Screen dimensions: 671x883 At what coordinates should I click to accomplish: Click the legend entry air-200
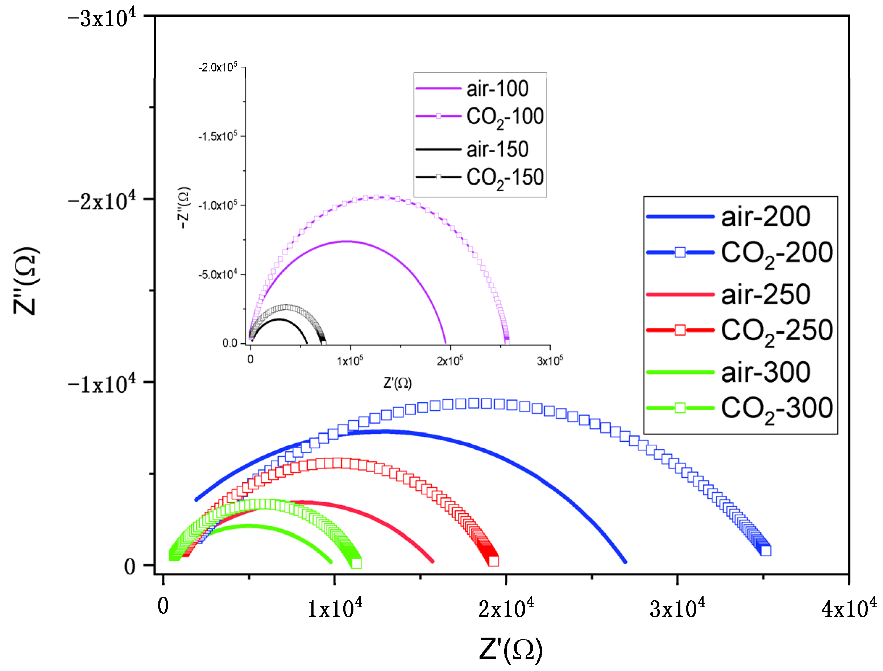pyautogui.click(x=765, y=217)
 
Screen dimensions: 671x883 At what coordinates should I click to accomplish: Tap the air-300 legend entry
pyautogui.click(x=765, y=372)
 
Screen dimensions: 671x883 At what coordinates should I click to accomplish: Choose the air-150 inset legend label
pyautogui.click(x=497, y=149)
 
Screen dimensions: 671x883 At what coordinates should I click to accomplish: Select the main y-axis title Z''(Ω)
pyautogui.click(x=26, y=280)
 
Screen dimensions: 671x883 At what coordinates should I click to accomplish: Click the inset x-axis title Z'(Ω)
pyautogui.click(x=397, y=383)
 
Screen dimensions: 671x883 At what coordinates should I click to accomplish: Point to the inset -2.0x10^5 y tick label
pyautogui.click(x=218, y=67)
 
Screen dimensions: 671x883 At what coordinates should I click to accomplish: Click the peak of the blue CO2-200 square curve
pyautogui.click(x=473, y=403)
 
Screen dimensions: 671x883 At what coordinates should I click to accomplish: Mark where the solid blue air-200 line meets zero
pyautogui.click(x=625, y=561)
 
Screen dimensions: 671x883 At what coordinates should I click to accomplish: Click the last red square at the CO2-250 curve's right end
pyautogui.click(x=493, y=561)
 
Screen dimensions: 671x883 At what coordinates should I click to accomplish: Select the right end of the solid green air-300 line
pyautogui.click(x=331, y=562)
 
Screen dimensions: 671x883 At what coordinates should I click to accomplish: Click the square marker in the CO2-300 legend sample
pyautogui.click(x=680, y=408)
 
